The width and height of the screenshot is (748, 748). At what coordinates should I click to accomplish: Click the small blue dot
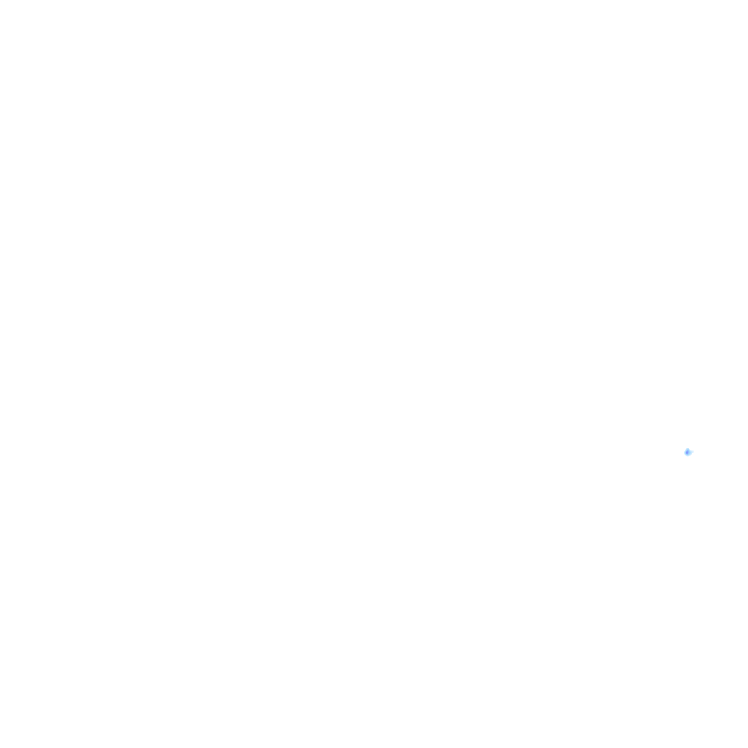[688, 452]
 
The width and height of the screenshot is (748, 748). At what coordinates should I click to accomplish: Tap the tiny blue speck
[688, 452]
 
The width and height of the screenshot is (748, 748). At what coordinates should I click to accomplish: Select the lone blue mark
[688, 452]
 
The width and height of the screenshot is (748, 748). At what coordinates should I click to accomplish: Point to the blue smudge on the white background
[688, 452]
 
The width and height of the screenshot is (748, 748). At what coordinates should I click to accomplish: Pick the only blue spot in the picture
[688, 452]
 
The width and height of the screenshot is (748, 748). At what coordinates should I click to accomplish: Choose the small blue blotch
[688, 452]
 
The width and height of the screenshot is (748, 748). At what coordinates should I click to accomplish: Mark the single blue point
[688, 452]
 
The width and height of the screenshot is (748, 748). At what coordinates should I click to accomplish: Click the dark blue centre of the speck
[688, 452]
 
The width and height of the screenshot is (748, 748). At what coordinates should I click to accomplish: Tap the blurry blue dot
[688, 452]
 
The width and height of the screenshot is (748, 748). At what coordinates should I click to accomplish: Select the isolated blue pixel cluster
[688, 452]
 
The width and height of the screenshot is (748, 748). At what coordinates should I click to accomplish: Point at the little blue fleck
[688, 452]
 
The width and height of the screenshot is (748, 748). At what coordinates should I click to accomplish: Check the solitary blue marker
[688, 452]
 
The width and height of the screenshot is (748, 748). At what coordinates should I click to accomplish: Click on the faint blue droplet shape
[688, 452]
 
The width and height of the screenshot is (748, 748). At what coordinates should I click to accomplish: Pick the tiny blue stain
[688, 452]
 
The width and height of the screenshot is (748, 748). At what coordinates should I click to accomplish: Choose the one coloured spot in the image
[688, 452]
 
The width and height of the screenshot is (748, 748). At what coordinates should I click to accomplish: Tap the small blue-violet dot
[688, 452]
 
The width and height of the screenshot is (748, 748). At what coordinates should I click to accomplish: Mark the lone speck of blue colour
[688, 452]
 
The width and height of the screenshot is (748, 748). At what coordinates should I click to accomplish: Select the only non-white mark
[688, 452]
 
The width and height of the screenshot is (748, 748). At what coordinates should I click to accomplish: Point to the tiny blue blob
[688, 452]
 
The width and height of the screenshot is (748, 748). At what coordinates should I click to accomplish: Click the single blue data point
[688, 452]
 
